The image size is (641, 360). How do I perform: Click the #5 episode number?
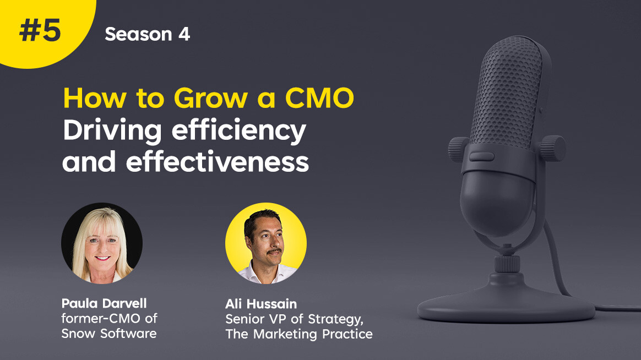click(x=40, y=31)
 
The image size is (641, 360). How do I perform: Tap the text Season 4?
click(x=147, y=34)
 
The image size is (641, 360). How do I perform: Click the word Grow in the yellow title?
click(x=210, y=99)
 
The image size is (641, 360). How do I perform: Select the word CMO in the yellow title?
click(x=319, y=98)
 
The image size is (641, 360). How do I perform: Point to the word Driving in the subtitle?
click(x=112, y=132)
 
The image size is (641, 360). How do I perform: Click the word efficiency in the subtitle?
click(x=239, y=131)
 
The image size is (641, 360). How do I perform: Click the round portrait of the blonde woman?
click(x=102, y=243)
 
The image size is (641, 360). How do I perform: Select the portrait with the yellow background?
click(x=266, y=243)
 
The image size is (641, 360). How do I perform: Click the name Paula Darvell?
click(x=104, y=303)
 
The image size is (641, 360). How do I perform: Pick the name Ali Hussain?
click(x=261, y=304)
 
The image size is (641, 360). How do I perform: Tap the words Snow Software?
click(x=108, y=334)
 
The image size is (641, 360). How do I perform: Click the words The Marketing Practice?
click(x=299, y=334)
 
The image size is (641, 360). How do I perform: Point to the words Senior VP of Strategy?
click(x=294, y=319)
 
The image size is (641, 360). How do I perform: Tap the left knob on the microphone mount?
click(x=459, y=149)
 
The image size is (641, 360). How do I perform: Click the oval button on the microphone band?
click(x=481, y=156)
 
